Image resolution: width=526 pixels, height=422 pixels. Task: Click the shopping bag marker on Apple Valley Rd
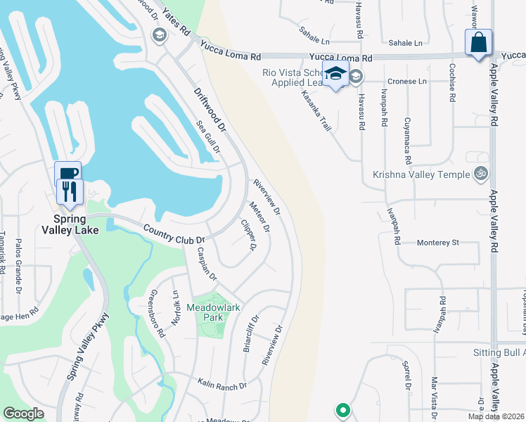click(x=478, y=42)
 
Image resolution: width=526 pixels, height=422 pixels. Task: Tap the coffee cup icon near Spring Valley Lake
click(x=68, y=174)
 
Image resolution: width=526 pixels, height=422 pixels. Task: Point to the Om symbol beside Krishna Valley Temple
click(x=482, y=173)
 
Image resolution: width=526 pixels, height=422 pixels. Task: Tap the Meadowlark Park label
click(x=205, y=312)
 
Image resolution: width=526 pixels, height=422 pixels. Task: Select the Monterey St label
click(x=437, y=242)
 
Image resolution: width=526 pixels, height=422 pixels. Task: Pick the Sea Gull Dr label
click(x=208, y=138)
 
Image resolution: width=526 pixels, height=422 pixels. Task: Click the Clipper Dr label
click(x=248, y=236)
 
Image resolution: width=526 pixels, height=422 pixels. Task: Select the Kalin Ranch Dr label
click(x=222, y=385)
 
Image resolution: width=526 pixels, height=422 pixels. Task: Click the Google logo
click(x=24, y=414)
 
